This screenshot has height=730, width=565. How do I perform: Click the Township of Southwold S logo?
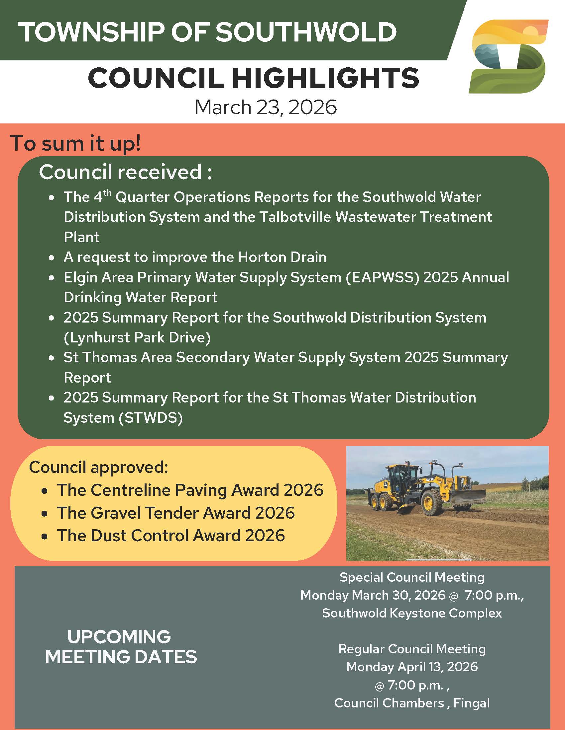[508, 56]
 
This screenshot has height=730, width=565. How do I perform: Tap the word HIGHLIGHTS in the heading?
[326, 78]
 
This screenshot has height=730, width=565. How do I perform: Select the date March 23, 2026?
[266, 107]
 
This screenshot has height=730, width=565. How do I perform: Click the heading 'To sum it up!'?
[76, 143]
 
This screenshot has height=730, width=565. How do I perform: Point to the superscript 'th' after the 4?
[107, 193]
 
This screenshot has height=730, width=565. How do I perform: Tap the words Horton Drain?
[282, 257]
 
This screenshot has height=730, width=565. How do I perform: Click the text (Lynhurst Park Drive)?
[137, 337]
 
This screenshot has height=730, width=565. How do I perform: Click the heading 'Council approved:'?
[98, 467]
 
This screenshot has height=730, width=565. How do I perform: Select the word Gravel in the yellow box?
[115, 513]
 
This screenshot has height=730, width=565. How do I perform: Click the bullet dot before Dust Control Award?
[45, 536]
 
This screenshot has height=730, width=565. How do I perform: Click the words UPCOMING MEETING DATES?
[121, 647]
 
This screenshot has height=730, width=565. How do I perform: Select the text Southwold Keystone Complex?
[412, 613]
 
